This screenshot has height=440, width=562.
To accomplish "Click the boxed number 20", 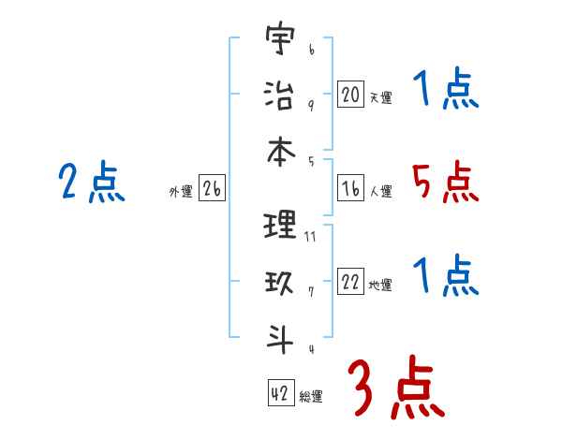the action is (350, 94).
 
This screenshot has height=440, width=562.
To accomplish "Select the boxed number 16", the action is (350, 188).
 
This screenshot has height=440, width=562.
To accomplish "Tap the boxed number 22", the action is (350, 282).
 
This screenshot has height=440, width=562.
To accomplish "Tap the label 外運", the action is (180, 193).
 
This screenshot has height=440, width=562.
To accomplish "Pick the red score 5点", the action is (445, 183).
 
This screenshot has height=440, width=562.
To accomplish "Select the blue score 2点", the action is (92, 182).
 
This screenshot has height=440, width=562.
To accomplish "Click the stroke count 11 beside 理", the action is (310, 237).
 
